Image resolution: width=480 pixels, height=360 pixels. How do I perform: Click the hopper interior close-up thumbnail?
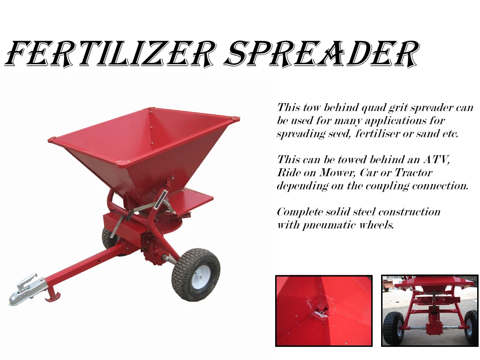click(323, 311)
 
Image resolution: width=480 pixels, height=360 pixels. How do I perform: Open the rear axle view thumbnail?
click(429, 311)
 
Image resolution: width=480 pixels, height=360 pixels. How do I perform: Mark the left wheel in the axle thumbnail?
click(393, 328)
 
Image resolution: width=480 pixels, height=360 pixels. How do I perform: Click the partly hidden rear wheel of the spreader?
click(109, 238)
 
